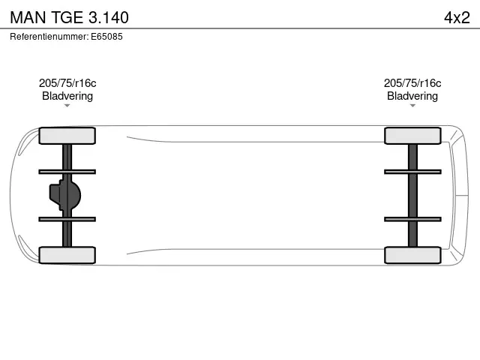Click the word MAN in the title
point(28,16)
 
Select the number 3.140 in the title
point(109,16)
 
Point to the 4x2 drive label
point(456,16)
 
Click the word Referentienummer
point(48,36)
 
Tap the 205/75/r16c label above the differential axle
point(67,83)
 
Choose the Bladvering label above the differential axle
point(67,96)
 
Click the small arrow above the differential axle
point(67,106)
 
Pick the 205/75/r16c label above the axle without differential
point(412,83)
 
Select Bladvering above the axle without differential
point(412,96)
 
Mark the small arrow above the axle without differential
point(412,106)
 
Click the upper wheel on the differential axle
point(67,136)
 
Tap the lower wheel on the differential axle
point(67,255)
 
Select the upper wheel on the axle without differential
point(412,136)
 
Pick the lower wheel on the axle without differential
point(412,255)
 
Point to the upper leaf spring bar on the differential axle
point(67,172)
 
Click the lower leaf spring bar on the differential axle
point(67,219)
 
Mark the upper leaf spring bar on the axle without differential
point(412,172)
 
